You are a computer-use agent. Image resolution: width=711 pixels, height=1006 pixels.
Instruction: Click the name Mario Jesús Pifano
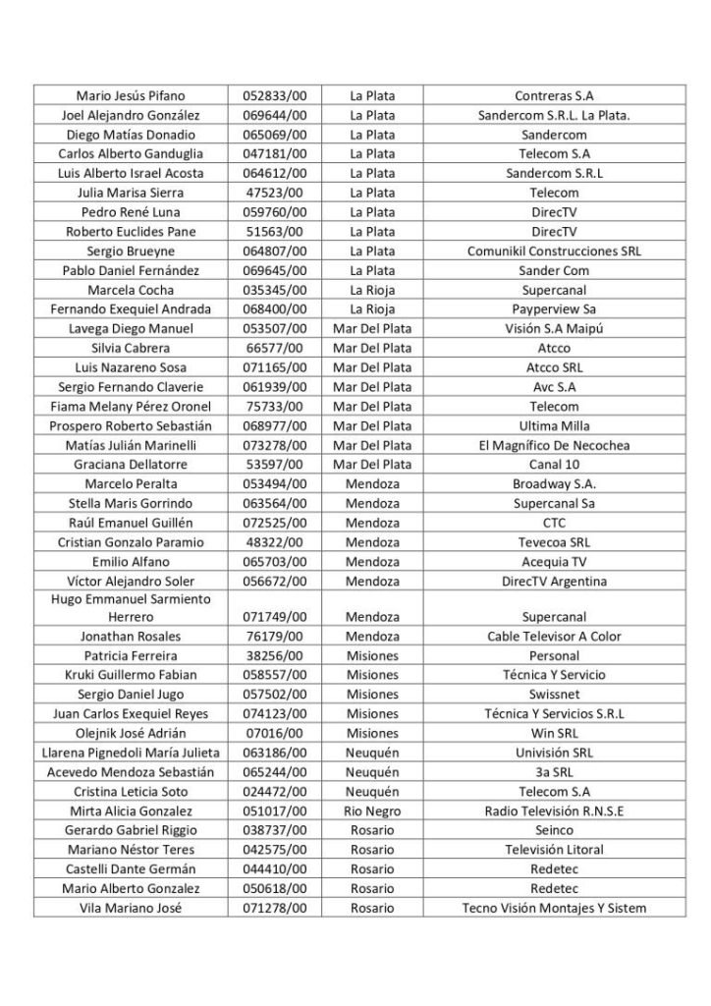click(131, 96)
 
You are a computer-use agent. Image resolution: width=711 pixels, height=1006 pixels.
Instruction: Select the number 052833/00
click(276, 96)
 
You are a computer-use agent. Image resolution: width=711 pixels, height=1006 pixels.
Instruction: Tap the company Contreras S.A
click(554, 96)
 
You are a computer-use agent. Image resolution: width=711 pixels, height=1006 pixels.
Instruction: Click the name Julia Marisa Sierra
click(131, 193)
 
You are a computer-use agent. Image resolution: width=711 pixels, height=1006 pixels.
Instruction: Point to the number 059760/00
click(276, 212)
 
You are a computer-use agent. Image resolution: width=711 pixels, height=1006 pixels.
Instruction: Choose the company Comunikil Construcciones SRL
click(554, 251)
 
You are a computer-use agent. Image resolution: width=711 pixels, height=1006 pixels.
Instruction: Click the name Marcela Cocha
click(131, 290)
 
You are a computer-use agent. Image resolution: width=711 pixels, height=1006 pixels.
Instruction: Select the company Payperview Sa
click(554, 309)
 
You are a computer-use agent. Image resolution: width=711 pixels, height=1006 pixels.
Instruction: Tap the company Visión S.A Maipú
click(554, 329)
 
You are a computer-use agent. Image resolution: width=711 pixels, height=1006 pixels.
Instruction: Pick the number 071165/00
click(276, 367)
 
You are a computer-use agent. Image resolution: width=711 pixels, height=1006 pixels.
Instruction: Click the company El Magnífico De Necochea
click(554, 445)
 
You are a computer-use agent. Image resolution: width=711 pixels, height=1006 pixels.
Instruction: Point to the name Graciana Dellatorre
click(131, 465)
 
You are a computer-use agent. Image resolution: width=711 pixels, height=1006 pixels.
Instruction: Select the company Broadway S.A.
click(554, 484)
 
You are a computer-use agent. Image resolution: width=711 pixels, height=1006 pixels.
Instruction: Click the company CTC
click(554, 523)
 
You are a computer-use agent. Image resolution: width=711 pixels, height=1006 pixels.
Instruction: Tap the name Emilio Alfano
click(131, 562)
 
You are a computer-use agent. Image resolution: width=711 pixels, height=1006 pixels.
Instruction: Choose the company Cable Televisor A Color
click(554, 637)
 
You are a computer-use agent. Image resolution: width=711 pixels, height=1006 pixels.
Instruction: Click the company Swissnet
click(554, 695)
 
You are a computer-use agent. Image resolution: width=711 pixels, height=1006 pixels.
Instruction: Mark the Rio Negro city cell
click(372, 810)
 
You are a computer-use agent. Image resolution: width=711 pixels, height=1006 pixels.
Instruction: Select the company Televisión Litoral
click(554, 850)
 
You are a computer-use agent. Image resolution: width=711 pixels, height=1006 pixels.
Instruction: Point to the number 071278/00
click(276, 908)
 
